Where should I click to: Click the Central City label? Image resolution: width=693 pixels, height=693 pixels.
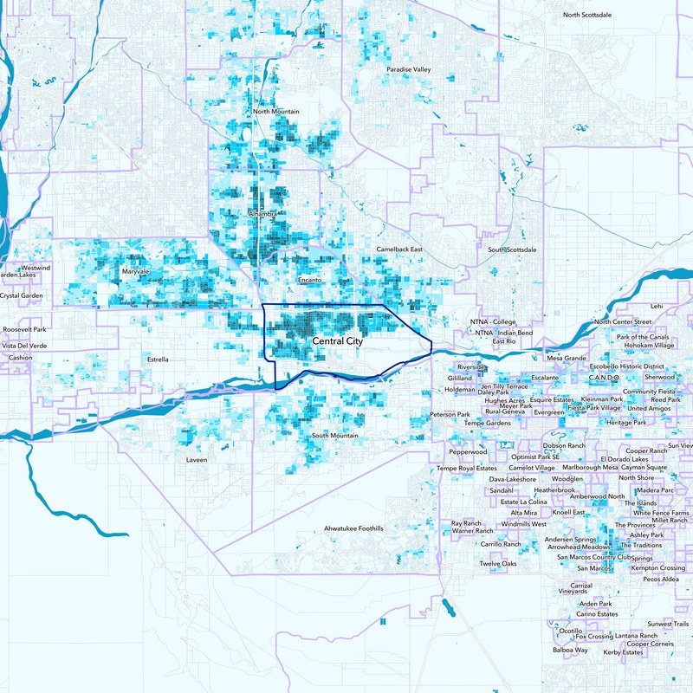click(339, 342)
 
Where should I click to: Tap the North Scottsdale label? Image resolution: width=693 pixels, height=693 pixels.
click(593, 16)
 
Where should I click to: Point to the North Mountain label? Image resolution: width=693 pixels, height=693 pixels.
click(276, 112)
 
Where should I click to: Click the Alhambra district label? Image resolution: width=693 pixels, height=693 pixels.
click(262, 213)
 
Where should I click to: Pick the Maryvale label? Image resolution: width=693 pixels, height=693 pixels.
click(136, 272)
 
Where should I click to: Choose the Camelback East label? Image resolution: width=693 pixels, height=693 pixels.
click(399, 249)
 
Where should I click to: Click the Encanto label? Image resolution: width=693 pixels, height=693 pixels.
click(309, 281)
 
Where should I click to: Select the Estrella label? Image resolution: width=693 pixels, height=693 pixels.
click(158, 359)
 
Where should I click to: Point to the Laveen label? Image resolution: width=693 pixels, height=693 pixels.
click(197, 460)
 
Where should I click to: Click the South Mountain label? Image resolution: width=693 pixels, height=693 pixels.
click(334, 435)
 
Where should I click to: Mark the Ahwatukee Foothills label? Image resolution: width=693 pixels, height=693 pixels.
click(353, 528)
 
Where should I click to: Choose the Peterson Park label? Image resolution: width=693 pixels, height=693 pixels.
click(450, 415)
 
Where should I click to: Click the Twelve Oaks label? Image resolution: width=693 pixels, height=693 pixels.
click(498, 564)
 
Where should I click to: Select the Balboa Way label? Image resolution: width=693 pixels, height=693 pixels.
click(570, 650)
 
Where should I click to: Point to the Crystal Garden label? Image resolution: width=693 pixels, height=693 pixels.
click(22, 295)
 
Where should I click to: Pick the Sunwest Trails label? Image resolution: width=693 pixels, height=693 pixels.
click(667, 624)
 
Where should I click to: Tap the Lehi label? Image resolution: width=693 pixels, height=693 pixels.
click(656, 306)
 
